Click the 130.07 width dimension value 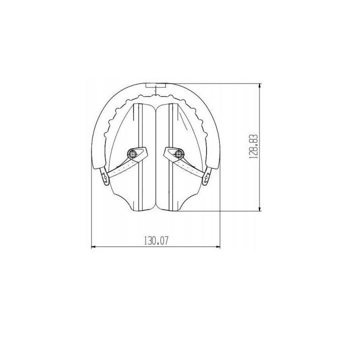point(156,241)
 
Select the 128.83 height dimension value point(253,146)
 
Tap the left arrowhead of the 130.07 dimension point(93,247)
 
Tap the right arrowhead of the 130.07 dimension point(218,247)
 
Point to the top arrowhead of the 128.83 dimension point(259,85)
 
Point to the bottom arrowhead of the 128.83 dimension point(259,209)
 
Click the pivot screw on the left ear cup point(132,153)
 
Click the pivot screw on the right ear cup point(178,153)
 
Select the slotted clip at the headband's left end point(104,176)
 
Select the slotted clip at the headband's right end point(207,176)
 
